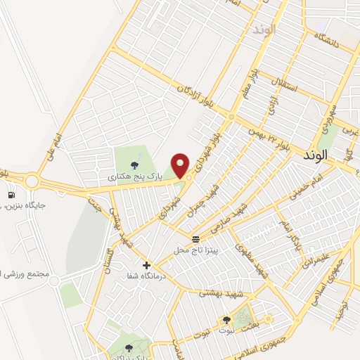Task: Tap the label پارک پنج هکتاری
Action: pyautogui.click(x=135, y=179)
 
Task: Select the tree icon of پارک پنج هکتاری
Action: pyautogui.click(x=134, y=166)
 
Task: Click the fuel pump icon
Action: pyautogui.click(x=11, y=194)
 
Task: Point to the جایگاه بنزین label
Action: pyautogui.click(x=25, y=206)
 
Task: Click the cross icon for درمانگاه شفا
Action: pyautogui.click(x=146, y=265)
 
